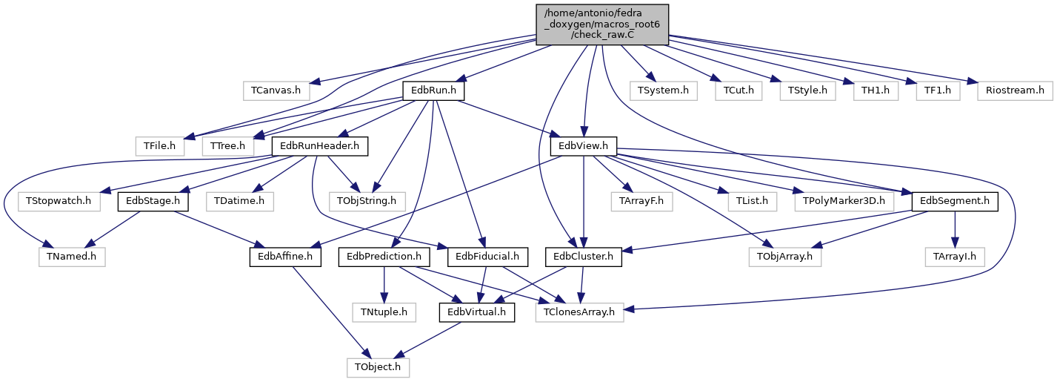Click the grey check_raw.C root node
(602, 24)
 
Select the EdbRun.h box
(433, 90)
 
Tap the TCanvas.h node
(276, 90)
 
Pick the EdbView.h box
(583, 146)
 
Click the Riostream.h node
(1015, 90)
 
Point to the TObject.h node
(378, 367)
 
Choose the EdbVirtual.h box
(476, 312)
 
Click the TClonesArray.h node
(579, 312)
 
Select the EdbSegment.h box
(955, 202)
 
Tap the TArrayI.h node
(955, 257)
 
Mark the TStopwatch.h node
(59, 202)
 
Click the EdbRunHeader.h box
(319, 146)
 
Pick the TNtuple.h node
(384, 312)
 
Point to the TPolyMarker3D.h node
(844, 202)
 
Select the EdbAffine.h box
(285, 257)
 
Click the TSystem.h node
(663, 90)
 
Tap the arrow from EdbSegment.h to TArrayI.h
(955, 229)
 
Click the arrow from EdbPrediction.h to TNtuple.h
(384, 285)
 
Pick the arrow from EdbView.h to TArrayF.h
(612, 174)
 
